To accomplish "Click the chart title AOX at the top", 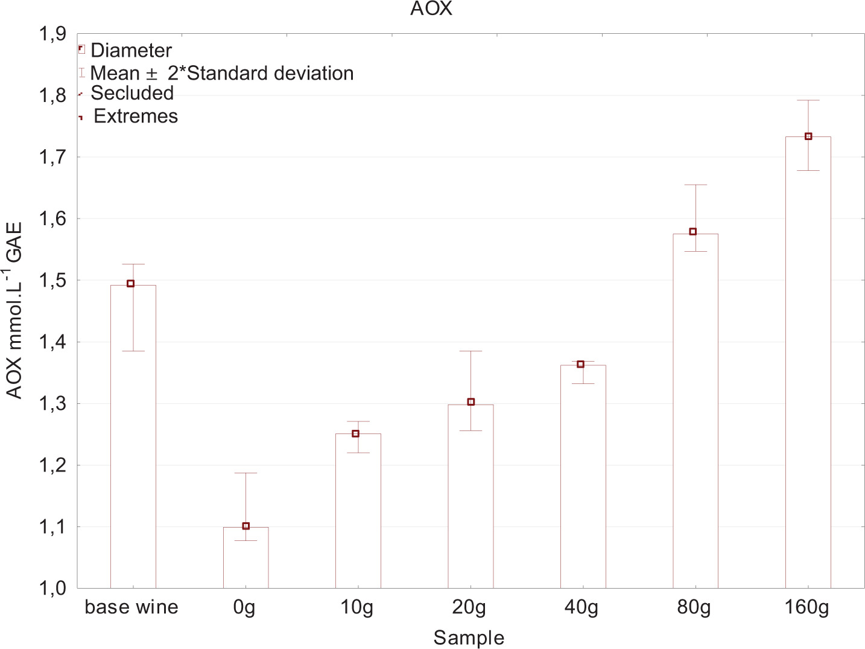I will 431,9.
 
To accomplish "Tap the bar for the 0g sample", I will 246,558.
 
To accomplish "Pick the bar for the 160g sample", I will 808,362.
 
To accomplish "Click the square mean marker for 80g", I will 693,232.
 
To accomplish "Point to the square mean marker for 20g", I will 471,402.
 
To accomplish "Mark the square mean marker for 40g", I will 581,364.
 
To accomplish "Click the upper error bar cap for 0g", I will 246,473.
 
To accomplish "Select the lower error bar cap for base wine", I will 133,351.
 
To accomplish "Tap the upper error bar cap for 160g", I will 808,101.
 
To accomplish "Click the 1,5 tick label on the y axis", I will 52,281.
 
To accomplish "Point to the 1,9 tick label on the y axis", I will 52,34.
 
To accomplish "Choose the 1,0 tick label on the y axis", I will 52,588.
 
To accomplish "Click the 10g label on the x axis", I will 357,607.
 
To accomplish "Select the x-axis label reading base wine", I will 131,607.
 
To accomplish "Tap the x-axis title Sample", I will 469,638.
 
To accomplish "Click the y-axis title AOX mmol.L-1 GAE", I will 14,310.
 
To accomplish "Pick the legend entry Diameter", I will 131,51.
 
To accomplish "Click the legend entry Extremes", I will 136,117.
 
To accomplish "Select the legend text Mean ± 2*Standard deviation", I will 221,74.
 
